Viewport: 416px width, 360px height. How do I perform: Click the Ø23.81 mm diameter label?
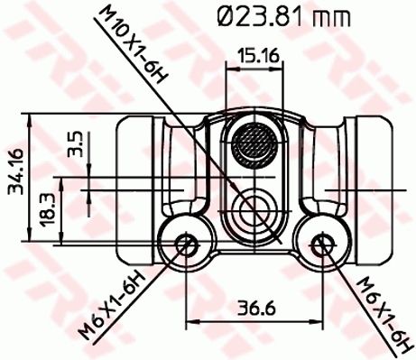click(283, 17)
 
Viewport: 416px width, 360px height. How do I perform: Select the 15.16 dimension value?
click(258, 56)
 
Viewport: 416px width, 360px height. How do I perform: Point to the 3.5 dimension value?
click(75, 143)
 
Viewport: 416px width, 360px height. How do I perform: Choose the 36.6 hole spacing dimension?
click(256, 309)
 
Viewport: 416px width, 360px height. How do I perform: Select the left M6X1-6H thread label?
click(112, 304)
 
